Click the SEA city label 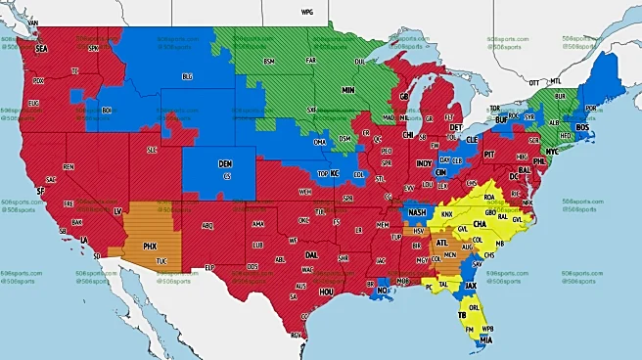[x=41, y=48]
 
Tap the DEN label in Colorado [x=225, y=163]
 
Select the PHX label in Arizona [x=152, y=246]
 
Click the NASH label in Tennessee [x=417, y=212]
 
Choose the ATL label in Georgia [x=441, y=242]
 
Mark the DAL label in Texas [x=310, y=253]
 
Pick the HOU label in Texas [x=328, y=291]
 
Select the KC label [x=334, y=174]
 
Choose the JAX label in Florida [x=471, y=287]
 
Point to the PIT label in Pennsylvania [x=490, y=155]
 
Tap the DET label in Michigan [x=456, y=127]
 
